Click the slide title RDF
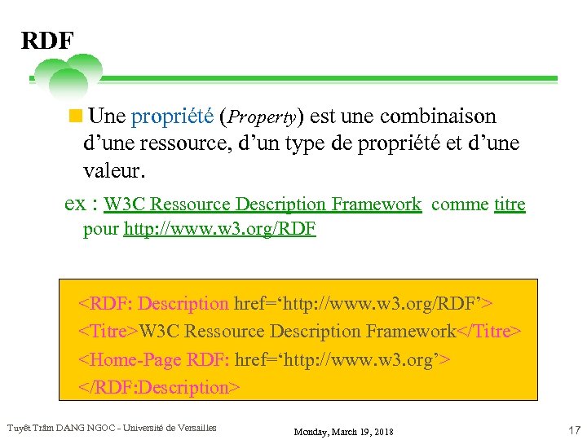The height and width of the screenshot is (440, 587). click(47, 40)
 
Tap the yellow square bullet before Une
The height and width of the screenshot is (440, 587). click(76, 116)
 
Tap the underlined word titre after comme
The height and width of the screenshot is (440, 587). click(510, 205)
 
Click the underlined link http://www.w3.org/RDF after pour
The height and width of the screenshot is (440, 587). click(219, 229)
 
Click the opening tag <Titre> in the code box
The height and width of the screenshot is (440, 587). click(108, 332)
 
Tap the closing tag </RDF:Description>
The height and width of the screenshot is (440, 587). click(159, 387)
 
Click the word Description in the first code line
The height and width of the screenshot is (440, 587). click(183, 304)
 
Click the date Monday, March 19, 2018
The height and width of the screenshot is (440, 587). click(344, 431)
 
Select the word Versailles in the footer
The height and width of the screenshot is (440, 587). click(195, 428)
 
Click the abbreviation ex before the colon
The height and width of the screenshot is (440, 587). click(75, 205)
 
